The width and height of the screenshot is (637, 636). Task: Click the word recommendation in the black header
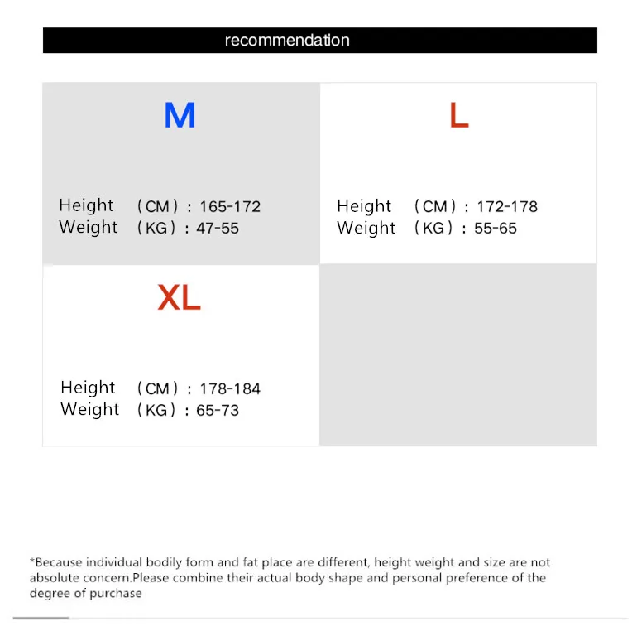point(287,41)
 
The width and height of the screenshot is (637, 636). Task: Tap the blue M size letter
point(180,115)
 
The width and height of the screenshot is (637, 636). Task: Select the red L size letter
point(459,115)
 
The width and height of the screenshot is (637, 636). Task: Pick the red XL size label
point(180,297)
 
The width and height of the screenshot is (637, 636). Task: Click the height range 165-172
point(230,207)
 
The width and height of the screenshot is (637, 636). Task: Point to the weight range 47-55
point(218,229)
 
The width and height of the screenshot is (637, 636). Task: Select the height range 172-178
point(507,207)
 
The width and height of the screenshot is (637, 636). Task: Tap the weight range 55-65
point(496,229)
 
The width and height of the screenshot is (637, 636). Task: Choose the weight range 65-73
point(218,411)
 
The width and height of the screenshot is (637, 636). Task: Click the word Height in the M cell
point(86,205)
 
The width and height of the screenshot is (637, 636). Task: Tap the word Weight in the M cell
point(89,228)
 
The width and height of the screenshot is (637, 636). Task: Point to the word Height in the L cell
point(364,206)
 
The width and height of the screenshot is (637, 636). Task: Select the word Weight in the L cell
point(366,229)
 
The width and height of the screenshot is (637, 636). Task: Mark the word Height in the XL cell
point(88,388)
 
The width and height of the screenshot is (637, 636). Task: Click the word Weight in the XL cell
point(90,410)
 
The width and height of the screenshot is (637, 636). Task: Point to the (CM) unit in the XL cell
point(157,389)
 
